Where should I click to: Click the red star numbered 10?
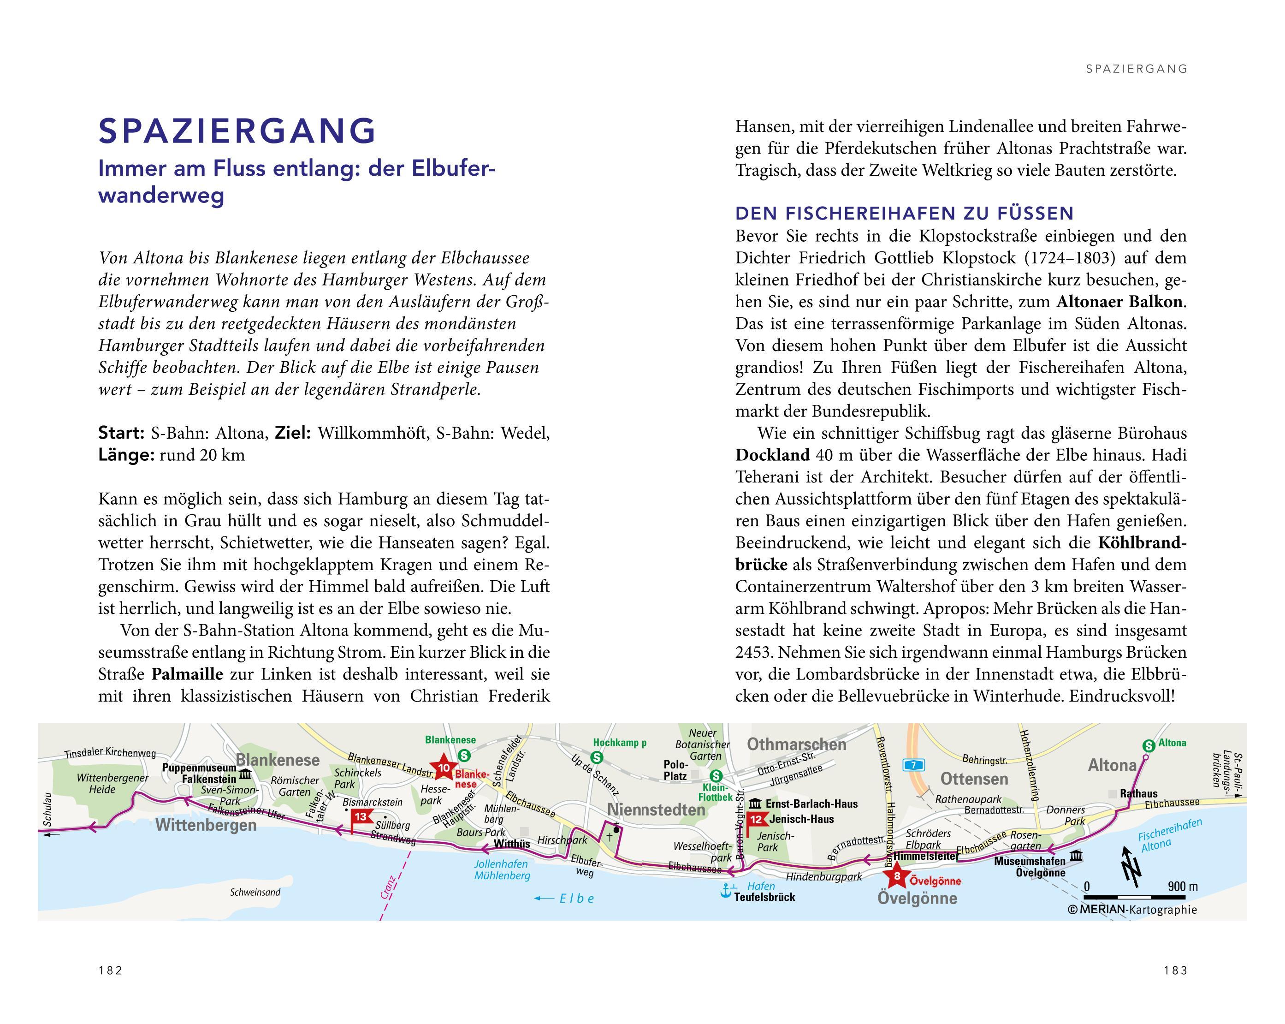coord(444,769)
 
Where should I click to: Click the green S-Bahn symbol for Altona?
coord(1149,745)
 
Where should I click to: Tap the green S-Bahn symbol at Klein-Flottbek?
coord(717,776)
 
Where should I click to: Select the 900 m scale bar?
coord(1141,896)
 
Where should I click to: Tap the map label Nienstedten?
coord(656,810)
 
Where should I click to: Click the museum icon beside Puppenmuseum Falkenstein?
coord(245,775)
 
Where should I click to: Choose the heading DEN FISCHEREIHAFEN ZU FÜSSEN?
coord(904,213)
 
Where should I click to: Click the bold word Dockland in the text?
coord(772,455)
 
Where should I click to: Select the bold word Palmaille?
coord(187,674)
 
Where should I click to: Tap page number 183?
coord(1175,970)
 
